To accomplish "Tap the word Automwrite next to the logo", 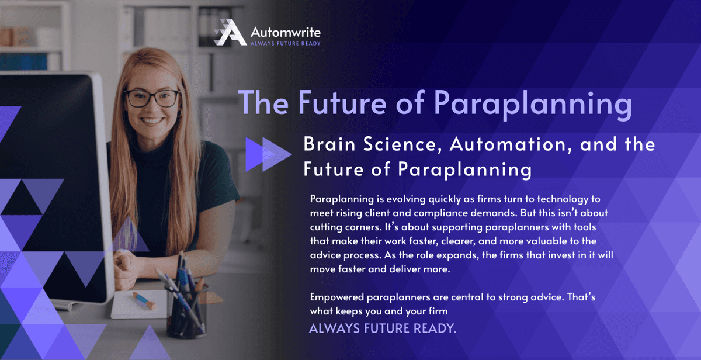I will (285, 32).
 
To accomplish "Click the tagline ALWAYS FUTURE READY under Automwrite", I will (285, 43).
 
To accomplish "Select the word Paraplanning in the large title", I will (533, 103).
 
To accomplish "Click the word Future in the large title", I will (345, 103).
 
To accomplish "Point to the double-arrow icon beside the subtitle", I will (268, 155).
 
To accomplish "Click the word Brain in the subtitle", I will (329, 144).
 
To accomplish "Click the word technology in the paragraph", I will (562, 199).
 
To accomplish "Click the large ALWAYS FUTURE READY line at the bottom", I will (382, 328).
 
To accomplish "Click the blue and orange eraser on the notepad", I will (143, 300).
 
